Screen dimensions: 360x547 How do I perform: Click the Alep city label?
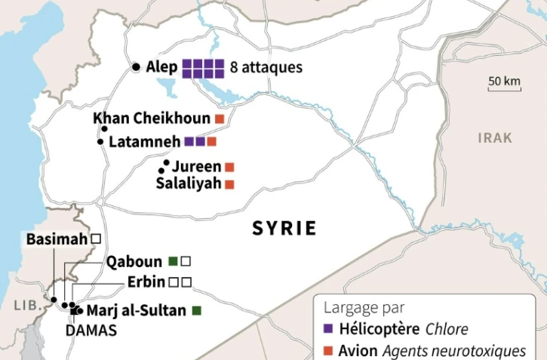[x=160, y=67]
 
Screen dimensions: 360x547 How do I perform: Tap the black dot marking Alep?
[x=136, y=67]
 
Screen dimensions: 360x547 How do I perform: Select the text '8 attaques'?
[x=266, y=68]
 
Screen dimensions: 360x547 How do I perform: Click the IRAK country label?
[x=495, y=138]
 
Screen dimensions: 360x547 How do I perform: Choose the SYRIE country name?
[x=284, y=228]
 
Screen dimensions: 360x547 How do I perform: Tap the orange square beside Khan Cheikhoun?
[x=220, y=119]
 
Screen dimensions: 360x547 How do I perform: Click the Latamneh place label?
[x=144, y=141]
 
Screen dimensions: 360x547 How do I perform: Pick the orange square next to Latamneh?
[x=212, y=141]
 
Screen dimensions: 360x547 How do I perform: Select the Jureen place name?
[x=196, y=166]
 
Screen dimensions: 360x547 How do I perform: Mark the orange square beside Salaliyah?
[x=229, y=183]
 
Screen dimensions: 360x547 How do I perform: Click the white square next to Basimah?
[x=96, y=238]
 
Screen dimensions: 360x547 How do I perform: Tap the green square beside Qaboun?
[x=173, y=261]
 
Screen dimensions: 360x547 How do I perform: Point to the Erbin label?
[x=146, y=282]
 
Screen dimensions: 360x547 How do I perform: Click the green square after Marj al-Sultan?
[x=197, y=310]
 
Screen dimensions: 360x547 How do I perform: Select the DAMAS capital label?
[x=91, y=331]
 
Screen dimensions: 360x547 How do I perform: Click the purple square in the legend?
[x=327, y=329]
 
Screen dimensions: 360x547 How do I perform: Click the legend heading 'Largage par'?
[x=364, y=307]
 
